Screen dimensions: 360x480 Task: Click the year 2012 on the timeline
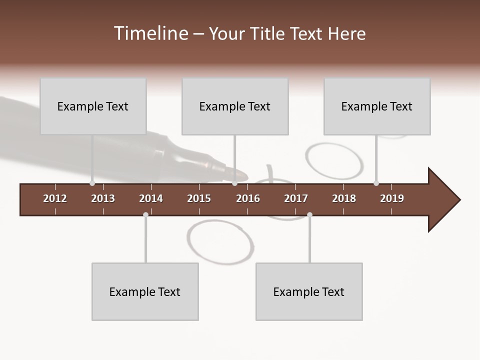coord(55,198)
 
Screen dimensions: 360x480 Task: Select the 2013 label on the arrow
coord(103,198)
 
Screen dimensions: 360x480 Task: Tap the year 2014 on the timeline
coord(151,198)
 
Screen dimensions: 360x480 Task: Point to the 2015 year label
coord(199,198)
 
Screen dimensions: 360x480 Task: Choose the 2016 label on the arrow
coord(248,198)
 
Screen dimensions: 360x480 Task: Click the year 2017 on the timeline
coord(296,198)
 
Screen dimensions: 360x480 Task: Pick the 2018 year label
coord(344,198)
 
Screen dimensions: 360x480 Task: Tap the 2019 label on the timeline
coord(392,198)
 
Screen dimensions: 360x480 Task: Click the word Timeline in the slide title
coord(150,33)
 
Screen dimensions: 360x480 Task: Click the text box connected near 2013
coord(93,106)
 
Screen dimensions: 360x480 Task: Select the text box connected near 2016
coord(235,106)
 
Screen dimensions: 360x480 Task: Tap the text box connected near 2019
coord(377,106)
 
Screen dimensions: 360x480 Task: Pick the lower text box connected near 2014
coord(145,291)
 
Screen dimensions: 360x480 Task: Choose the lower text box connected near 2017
coord(309,291)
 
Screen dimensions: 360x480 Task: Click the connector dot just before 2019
coord(376,183)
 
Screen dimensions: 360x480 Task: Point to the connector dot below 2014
coord(145,215)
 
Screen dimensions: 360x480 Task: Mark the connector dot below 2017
coord(309,215)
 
